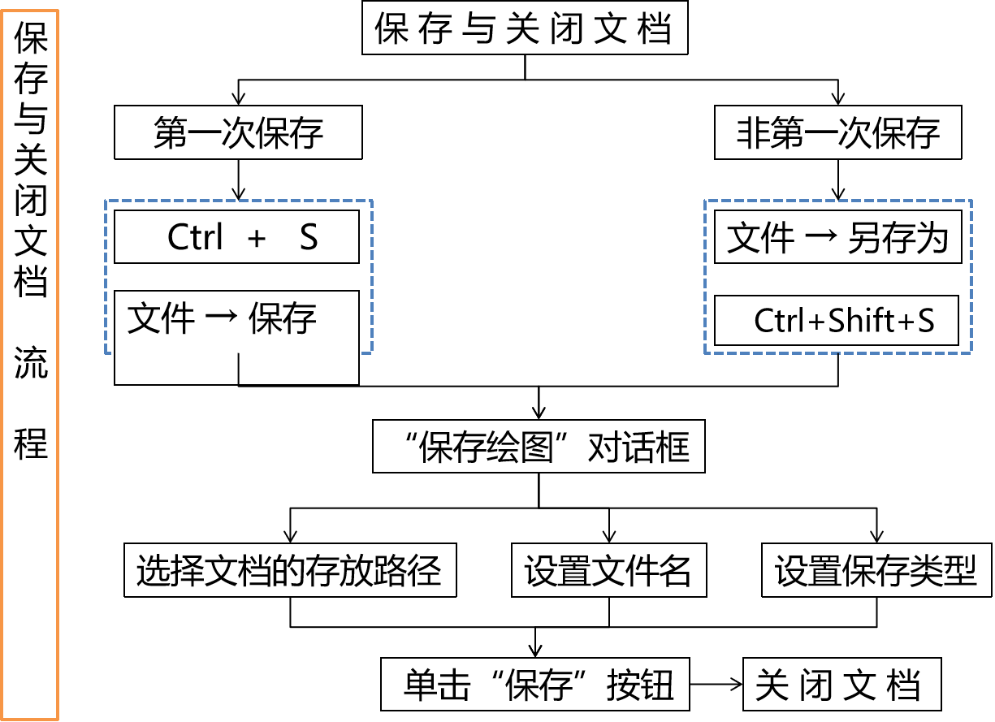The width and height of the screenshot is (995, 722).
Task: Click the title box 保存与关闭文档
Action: click(x=524, y=29)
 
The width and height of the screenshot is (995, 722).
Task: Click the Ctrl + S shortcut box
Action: click(x=236, y=237)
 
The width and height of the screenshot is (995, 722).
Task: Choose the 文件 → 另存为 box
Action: click(x=837, y=238)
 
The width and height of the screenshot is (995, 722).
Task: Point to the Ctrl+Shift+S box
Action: click(x=837, y=321)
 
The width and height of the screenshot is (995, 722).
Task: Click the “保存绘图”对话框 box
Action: click(x=538, y=446)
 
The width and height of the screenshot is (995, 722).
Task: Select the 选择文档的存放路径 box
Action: click(x=290, y=572)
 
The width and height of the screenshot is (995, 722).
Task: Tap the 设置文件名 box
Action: click(x=608, y=572)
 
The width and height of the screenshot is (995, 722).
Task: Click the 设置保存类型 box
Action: click(x=876, y=572)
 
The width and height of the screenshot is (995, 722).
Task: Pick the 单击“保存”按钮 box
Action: click(x=535, y=685)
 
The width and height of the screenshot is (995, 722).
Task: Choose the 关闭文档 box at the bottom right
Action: click(x=841, y=685)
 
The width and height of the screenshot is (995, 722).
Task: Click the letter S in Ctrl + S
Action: click(x=309, y=238)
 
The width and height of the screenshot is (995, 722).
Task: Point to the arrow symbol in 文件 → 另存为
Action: click(x=825, y=238)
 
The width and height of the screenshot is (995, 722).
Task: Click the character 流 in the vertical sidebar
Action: click(x=31, y=366)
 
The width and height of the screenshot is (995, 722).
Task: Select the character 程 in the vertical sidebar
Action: click(x=31, y=444)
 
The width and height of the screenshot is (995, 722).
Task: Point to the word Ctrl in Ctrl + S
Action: click(x=195, y=238)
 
